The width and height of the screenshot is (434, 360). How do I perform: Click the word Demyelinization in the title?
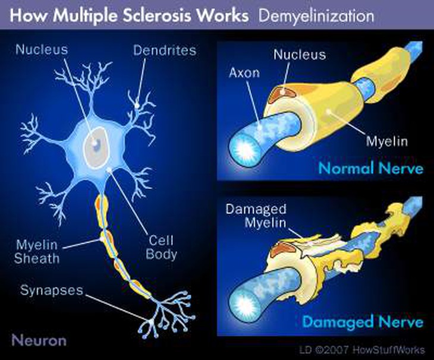(x=316, y=16)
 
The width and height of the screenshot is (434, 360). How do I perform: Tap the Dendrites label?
(x=165, y=50)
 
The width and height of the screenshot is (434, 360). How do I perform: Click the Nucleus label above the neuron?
(x=42, y=50)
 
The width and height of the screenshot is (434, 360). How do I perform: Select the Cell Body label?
(x=161, y=248)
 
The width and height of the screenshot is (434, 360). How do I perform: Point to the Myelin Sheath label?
(x=37, y=252)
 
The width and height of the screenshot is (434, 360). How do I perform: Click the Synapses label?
(x=52, y=290)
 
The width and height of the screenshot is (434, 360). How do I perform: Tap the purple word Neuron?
(x=39, y=340)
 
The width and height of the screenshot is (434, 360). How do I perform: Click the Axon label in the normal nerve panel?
(x=244, y=73)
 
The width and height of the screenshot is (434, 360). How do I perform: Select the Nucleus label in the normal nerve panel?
(x=300, y=55)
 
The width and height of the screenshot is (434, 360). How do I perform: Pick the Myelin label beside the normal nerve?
(x=387, y=141)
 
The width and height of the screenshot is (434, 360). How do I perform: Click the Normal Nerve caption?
(x=371, y=168)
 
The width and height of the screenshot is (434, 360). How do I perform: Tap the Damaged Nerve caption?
(x=363, y=321)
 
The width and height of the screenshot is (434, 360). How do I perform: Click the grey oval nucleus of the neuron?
(x=96, y=147)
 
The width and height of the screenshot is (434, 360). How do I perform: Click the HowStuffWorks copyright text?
(x=362, y=350)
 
